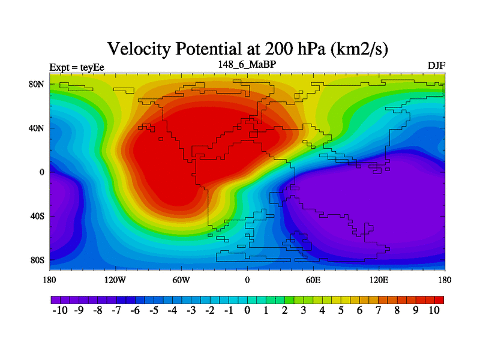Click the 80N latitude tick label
[37, 84]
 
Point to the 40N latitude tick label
[37, 128]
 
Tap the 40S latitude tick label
[37, 216]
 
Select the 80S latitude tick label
[37, 260]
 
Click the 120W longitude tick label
[115, 280]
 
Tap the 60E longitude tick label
[313, 280]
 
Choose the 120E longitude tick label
[379, 280]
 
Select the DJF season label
[436, 65]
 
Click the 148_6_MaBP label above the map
[247, 63]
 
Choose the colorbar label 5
[341, 310]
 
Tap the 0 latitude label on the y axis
[42, 172]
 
